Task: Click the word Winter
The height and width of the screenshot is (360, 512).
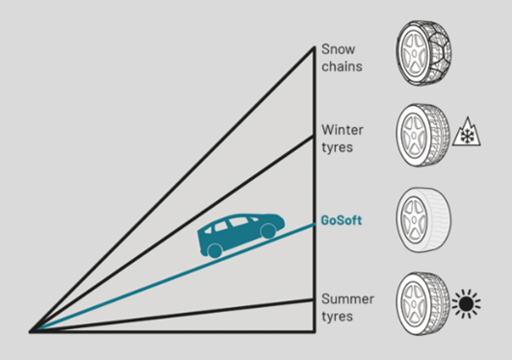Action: [342, 130]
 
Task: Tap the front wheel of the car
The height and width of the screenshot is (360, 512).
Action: [268, 232]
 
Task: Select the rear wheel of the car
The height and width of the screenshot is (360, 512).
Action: [216, 251]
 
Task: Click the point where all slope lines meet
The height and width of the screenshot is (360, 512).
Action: [33, 331]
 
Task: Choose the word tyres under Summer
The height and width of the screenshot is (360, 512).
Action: [337, 317]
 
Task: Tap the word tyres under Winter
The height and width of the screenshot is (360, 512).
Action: [337, 147]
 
